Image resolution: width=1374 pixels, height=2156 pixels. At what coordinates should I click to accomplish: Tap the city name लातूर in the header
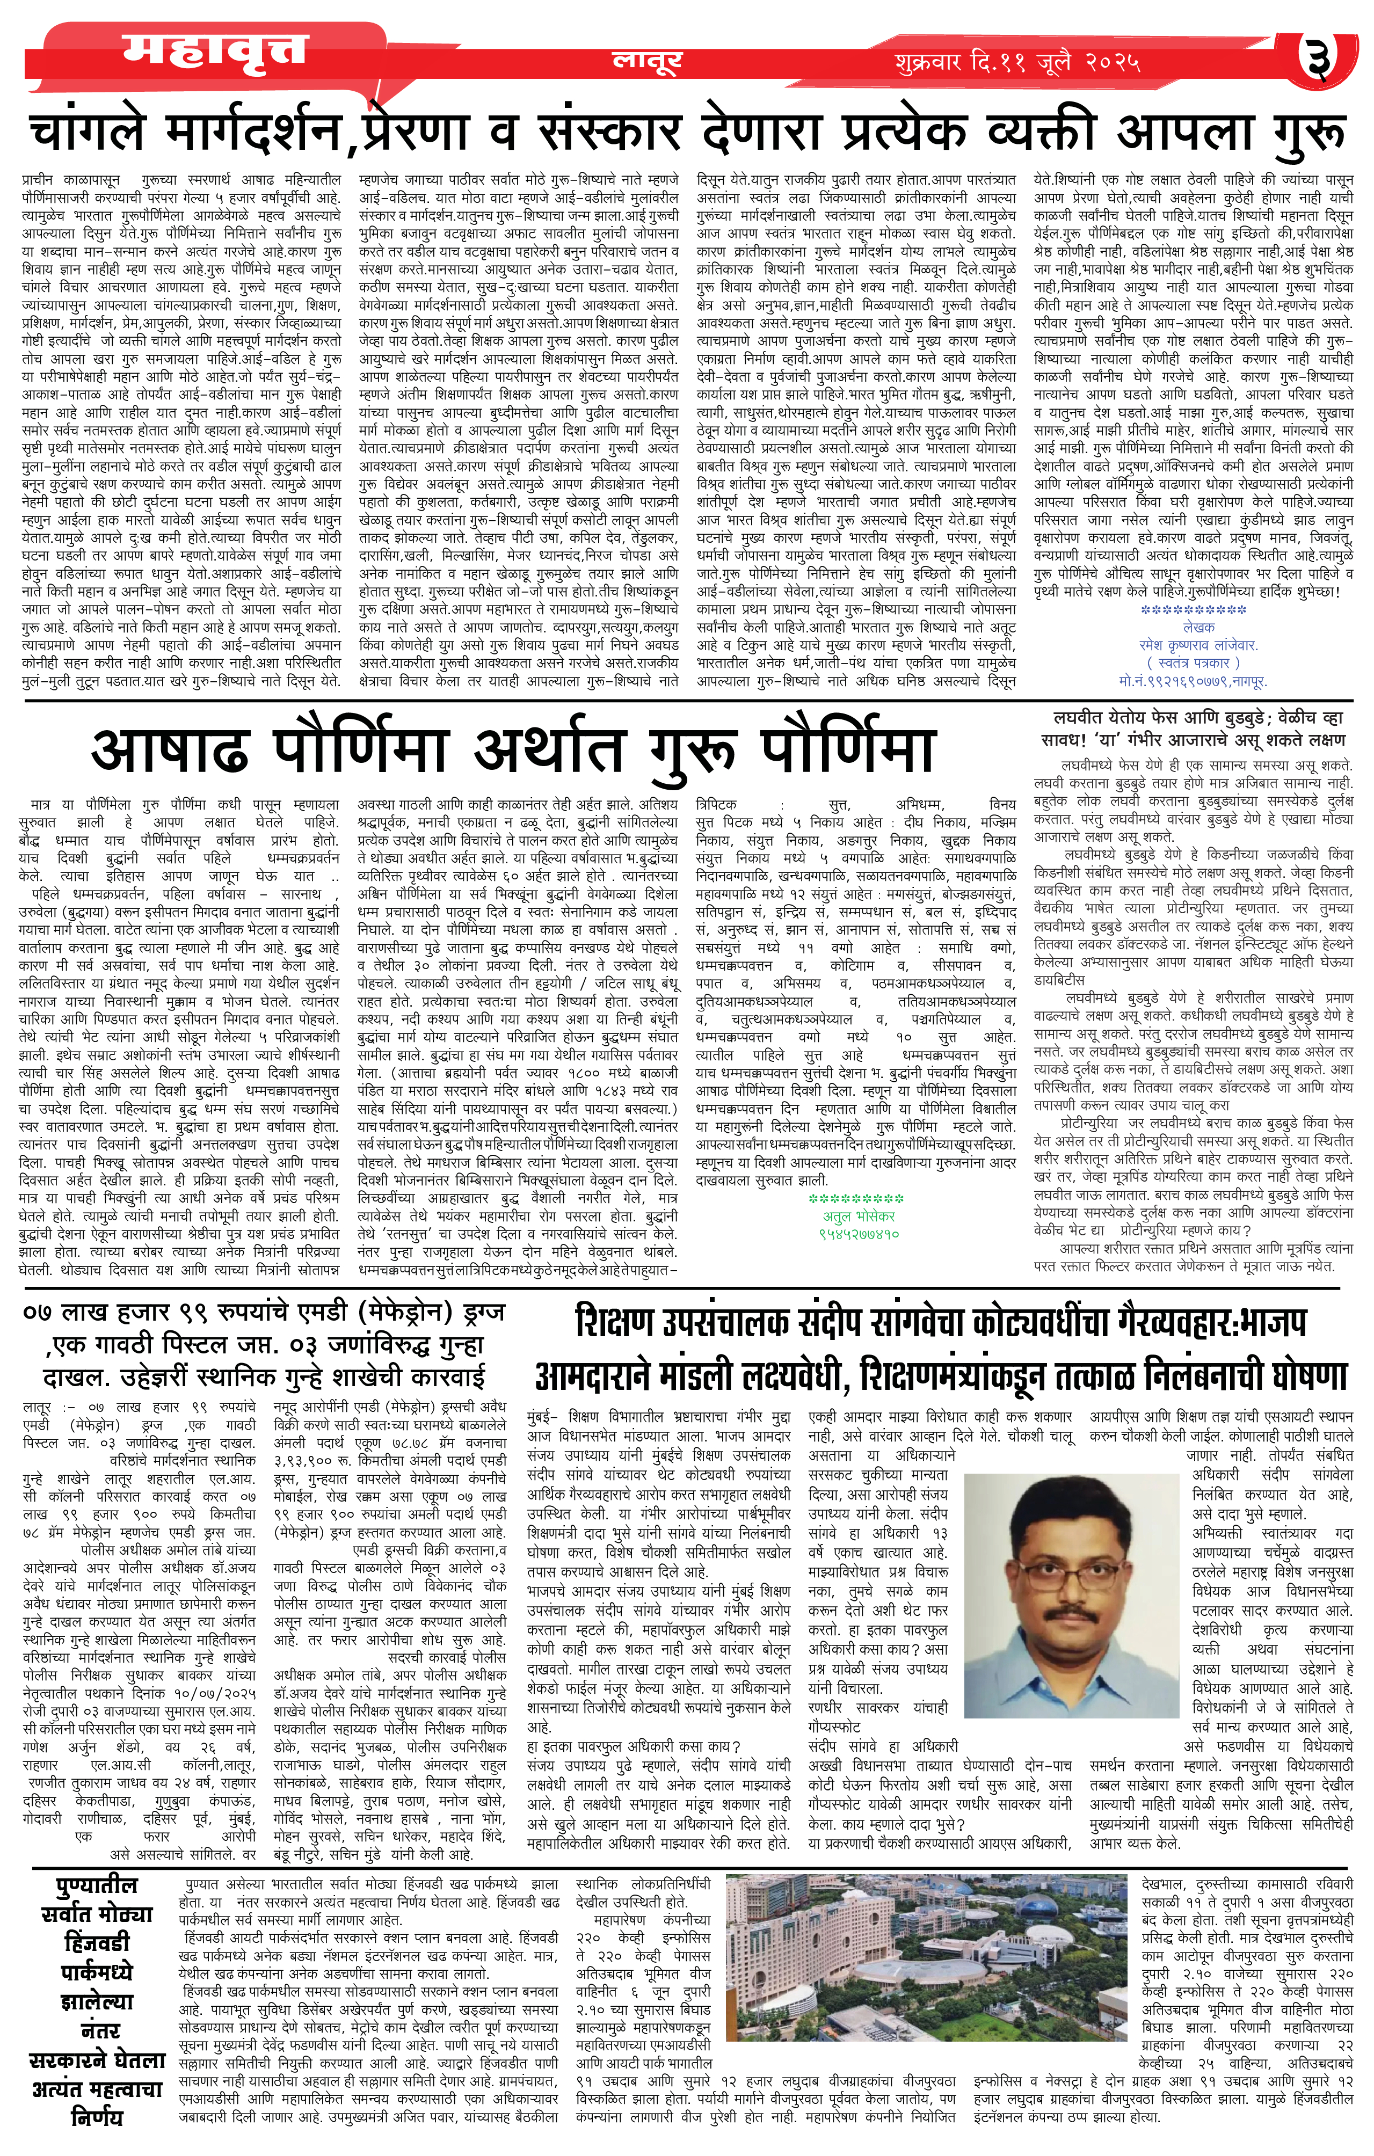click(646, 60)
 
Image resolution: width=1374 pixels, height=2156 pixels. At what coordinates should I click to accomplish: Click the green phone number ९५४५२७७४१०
click(858, 1234)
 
